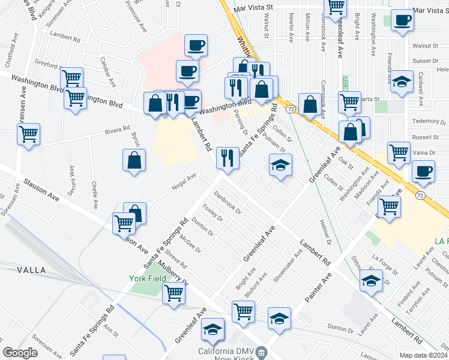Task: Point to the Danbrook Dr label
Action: click(227, 202)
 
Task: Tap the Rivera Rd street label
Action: click(118, 129)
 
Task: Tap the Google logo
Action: click(20, 353)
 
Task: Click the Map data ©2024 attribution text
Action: click(424, 355)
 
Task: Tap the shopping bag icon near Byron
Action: click(134, 160)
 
